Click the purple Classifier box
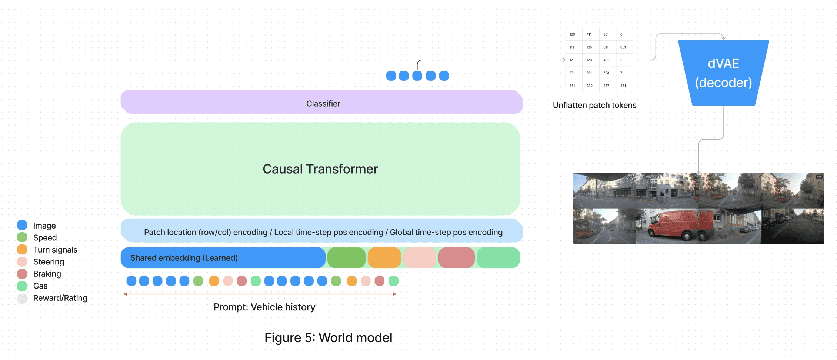click(x=321, y=102)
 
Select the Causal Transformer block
click(x=320, y=169)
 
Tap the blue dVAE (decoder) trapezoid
click(x=723, y=73)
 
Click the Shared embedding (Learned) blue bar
click(x=223, y=258)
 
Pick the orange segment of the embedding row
click(x=384, y=258)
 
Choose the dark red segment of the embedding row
click(x=456, y=258)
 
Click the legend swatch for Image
click(x=22, y=225)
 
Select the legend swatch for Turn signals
click(x=22, y=249)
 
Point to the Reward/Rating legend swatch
click(x=22, y=298)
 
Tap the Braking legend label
click(x=47, y=274)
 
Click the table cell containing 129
click(x=574, y=34)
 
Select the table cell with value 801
click(x=624, y=47)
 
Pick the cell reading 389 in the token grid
click(x=591, y=86)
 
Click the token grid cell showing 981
click(x=607, y=34)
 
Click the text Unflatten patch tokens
click(x=594, y=105)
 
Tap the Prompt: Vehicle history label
click(x=264, y=307)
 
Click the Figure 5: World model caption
click(x=328, y=338)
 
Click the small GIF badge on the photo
click(x=819, y=177)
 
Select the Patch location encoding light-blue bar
click(x=322, y=230)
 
